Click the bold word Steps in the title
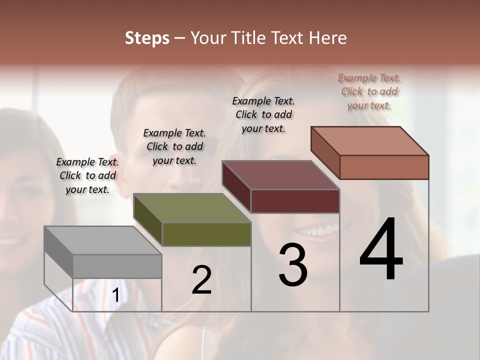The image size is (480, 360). coord(147,38)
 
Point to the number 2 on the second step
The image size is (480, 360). coord(201,280)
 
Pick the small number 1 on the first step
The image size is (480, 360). coord(116,295)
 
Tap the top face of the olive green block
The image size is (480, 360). coord(191,208)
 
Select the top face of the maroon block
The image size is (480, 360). coord(280,175)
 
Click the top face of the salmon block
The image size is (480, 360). coord(369,140)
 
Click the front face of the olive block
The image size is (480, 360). coord(206,234)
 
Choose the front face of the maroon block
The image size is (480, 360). coord(295,201)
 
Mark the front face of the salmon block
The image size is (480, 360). coord(384,167)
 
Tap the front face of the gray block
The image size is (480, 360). coord(117,266)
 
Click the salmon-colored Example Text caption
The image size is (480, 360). coord(369,91)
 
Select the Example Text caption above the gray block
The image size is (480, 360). coord(87,175)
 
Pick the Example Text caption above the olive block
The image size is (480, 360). coord(174,146)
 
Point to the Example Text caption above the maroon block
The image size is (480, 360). coord(263,114)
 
